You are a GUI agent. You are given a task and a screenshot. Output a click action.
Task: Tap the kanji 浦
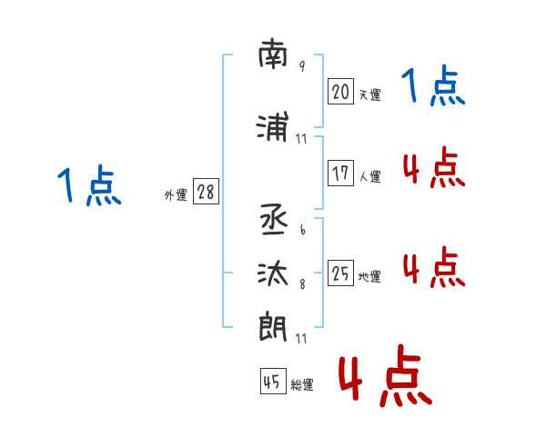pyautogui.click(x=273, y=128)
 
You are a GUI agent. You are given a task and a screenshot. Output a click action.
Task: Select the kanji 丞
pyautogui.click(x=273, y=221)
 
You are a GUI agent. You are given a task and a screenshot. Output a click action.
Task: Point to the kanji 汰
pyautogui.click(x=273, y=273)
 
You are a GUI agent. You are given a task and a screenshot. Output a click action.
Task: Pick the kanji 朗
pyautogui.click(x=273, y=325)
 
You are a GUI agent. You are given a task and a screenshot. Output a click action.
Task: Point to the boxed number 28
pyautogui.click(x=207, y=193)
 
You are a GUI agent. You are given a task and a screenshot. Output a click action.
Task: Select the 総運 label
pyautogui.click(x=302, y=385)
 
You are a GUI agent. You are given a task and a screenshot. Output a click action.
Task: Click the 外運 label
pyautogui.click(x=176, y=195)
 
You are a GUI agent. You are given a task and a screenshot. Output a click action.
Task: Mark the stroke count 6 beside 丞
pyautogui.click(x=302, y=232)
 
